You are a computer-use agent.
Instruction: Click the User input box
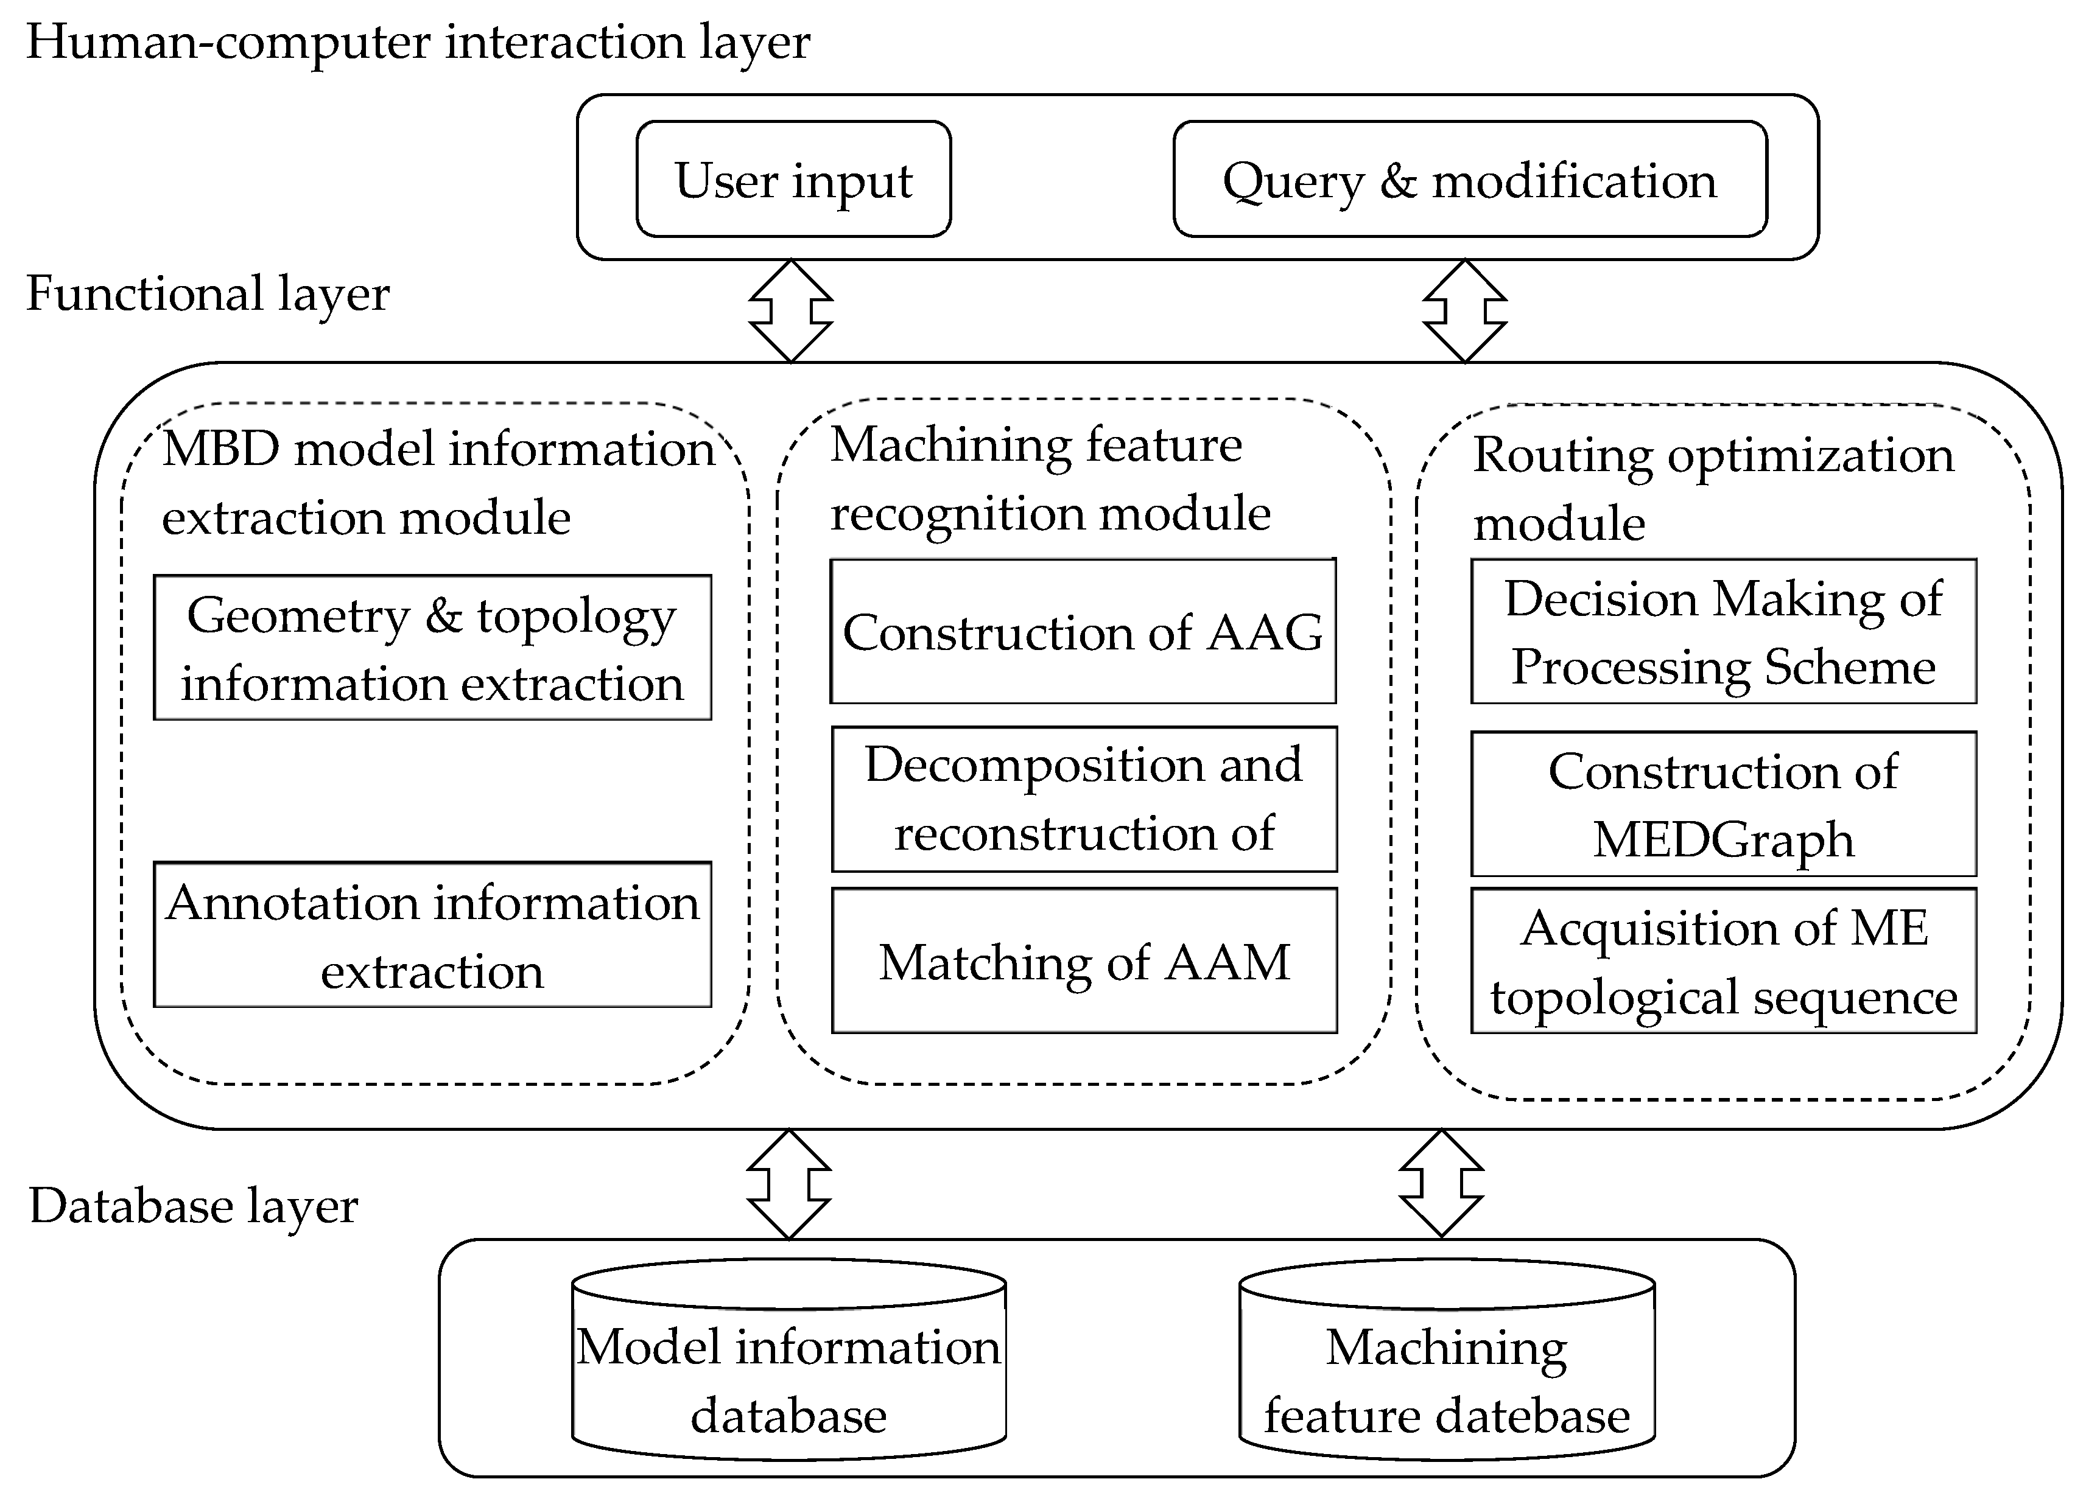(x=793, y=180)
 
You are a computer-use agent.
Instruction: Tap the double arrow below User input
(x=791, y=311)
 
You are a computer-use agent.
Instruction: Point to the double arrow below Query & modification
(x=1464, y=311)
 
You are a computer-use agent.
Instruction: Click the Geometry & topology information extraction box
(x=432, y=648)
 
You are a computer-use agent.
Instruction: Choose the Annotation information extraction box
(x=432, y=935)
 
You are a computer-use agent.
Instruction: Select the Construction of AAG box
(x=1083, y=632)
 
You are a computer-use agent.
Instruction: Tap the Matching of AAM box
(x=1083, y=960)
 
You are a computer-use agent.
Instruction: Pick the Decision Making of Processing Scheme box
(x=1723, y=632)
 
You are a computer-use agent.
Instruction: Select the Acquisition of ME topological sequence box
(x=1723, y=960)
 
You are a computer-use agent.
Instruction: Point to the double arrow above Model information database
(x=789, y=1184)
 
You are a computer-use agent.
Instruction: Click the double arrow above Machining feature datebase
(x=1441, y=1184)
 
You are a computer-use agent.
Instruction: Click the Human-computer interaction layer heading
(x=418, y=42)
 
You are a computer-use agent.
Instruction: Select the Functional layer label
(x=208, y=294)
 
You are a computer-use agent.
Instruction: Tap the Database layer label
(x=193, y=1206)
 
